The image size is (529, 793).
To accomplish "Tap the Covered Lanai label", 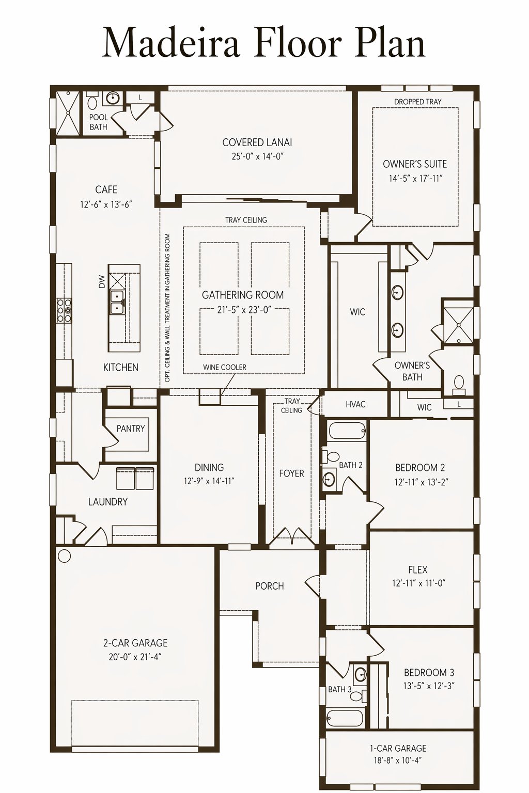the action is (x=257, y=142).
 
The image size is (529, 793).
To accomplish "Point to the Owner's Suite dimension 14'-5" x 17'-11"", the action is (x=416, y=178).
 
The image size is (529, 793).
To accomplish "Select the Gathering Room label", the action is (x=243, y=295).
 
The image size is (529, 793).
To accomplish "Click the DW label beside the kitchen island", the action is (x=102, y=282).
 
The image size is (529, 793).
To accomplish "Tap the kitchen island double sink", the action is (x=117, y=303).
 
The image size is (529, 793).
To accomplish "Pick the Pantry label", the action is (x=131, y=429).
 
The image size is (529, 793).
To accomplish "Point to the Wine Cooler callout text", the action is (x=225, y=367).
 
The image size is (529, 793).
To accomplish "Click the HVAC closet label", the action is (x=355, y=404).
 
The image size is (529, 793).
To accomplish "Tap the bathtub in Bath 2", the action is (x=347, y=431).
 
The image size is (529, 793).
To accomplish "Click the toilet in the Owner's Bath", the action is (x=459, y=385).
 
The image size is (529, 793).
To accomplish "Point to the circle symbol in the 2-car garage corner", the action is (x=64, y=556).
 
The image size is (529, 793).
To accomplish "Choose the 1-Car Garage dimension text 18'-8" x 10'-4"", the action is (x=398, y=759).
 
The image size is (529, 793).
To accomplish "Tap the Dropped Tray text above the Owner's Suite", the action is (x=418, y=102).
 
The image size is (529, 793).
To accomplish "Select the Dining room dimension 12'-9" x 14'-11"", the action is (x=209, y=481).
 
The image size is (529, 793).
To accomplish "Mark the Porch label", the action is (x=270, y=586).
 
